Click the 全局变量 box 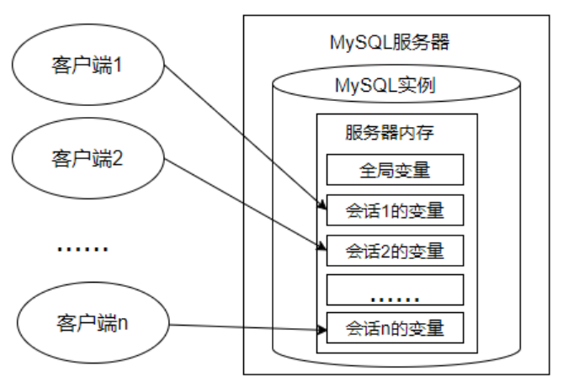(395, 171)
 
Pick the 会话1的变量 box (395, 210)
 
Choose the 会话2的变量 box (395, 250)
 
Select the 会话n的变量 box (395, 327)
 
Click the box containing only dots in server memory (395, 289)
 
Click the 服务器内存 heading (389, 133)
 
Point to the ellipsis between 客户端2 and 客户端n (82, 248)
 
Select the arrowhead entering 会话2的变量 (322, 247)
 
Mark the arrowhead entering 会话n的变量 (322, 328)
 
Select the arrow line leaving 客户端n (244, 326)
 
